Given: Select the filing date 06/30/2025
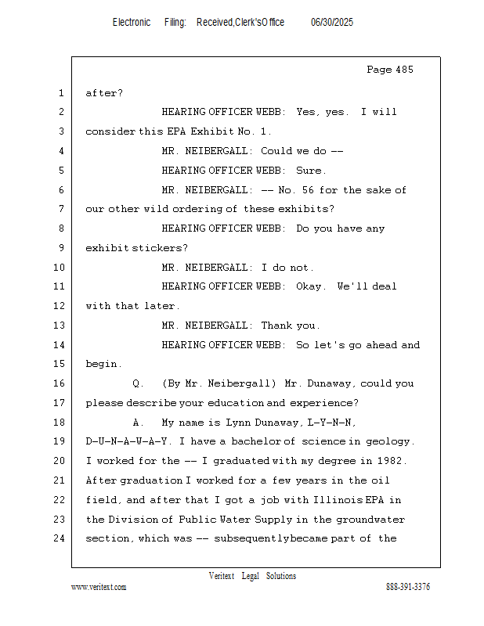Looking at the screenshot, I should click(x=332, y=23).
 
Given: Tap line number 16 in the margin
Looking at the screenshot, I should click(x=60, y=383).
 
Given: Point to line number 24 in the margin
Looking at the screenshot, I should click(x=60, y=538).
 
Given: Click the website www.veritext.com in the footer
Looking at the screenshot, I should click(x=99, y=587).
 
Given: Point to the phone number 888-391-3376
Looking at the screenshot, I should click(x=408, y=587).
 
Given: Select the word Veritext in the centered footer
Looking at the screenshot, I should click(x=222, y=576).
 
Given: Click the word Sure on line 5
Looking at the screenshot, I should click(x=310, y=171).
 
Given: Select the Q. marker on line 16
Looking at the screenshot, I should click(x=139, y=383).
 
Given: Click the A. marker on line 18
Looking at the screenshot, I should click(x=138, y=423).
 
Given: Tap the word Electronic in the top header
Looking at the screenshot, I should click(x=132, y=23).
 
